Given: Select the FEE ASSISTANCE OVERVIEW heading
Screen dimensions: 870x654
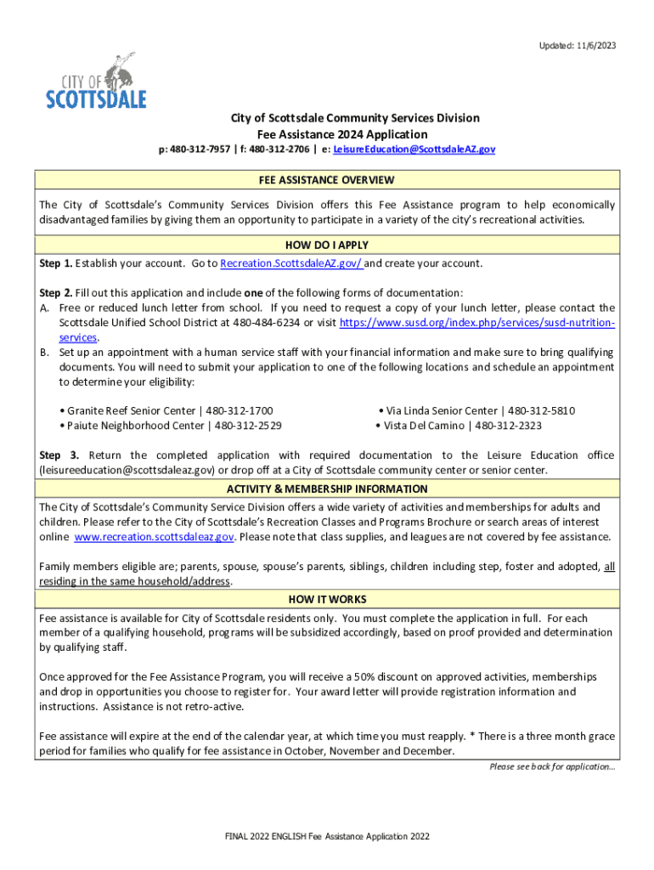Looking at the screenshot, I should coord(327,180).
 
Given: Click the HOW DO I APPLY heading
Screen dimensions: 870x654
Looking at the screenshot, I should coord(327,246).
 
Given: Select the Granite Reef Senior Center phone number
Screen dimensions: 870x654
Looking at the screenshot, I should coord(242,410).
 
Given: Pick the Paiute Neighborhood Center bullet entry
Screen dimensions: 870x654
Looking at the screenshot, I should coord(171,425).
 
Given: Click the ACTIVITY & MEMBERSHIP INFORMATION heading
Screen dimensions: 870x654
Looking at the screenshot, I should coord(327,489).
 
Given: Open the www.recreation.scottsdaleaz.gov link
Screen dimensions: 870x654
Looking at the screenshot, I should coord(153,537).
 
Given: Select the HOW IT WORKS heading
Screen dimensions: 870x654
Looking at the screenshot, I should coord(327,600).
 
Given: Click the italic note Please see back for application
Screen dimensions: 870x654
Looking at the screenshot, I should coord(552,766).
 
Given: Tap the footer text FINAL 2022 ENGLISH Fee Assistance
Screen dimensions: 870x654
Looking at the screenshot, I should coord(327,837).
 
